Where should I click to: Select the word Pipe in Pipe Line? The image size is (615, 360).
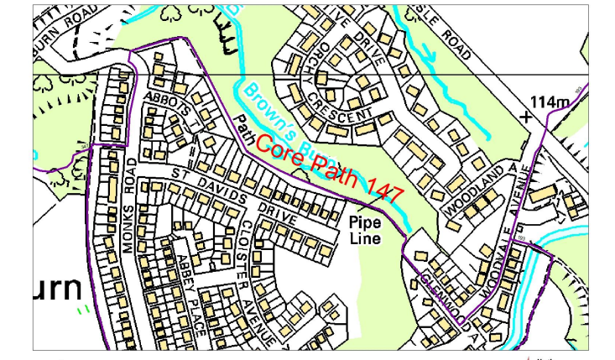365,223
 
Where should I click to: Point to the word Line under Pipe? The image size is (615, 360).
365,238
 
